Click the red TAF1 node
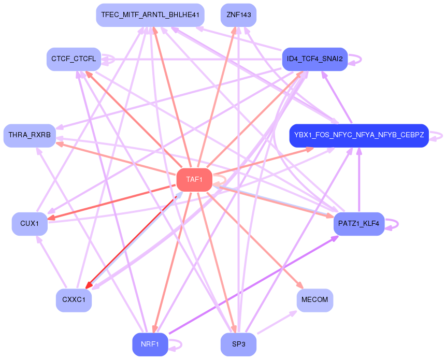pos(194,180)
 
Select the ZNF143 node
pos(238,15)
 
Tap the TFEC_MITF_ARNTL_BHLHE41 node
pos(150,15)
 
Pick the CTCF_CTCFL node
pos(74,59)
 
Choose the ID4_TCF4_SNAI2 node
pos(314,59)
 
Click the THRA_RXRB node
pos(30,136)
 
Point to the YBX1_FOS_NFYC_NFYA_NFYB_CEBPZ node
pos(359,136)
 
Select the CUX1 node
pos(30,224)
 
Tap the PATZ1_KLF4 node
pos(358,224)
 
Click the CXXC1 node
pos(74,300)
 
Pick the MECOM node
pos(314,300)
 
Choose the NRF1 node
pos(150,344)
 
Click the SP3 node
pos(238,344)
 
